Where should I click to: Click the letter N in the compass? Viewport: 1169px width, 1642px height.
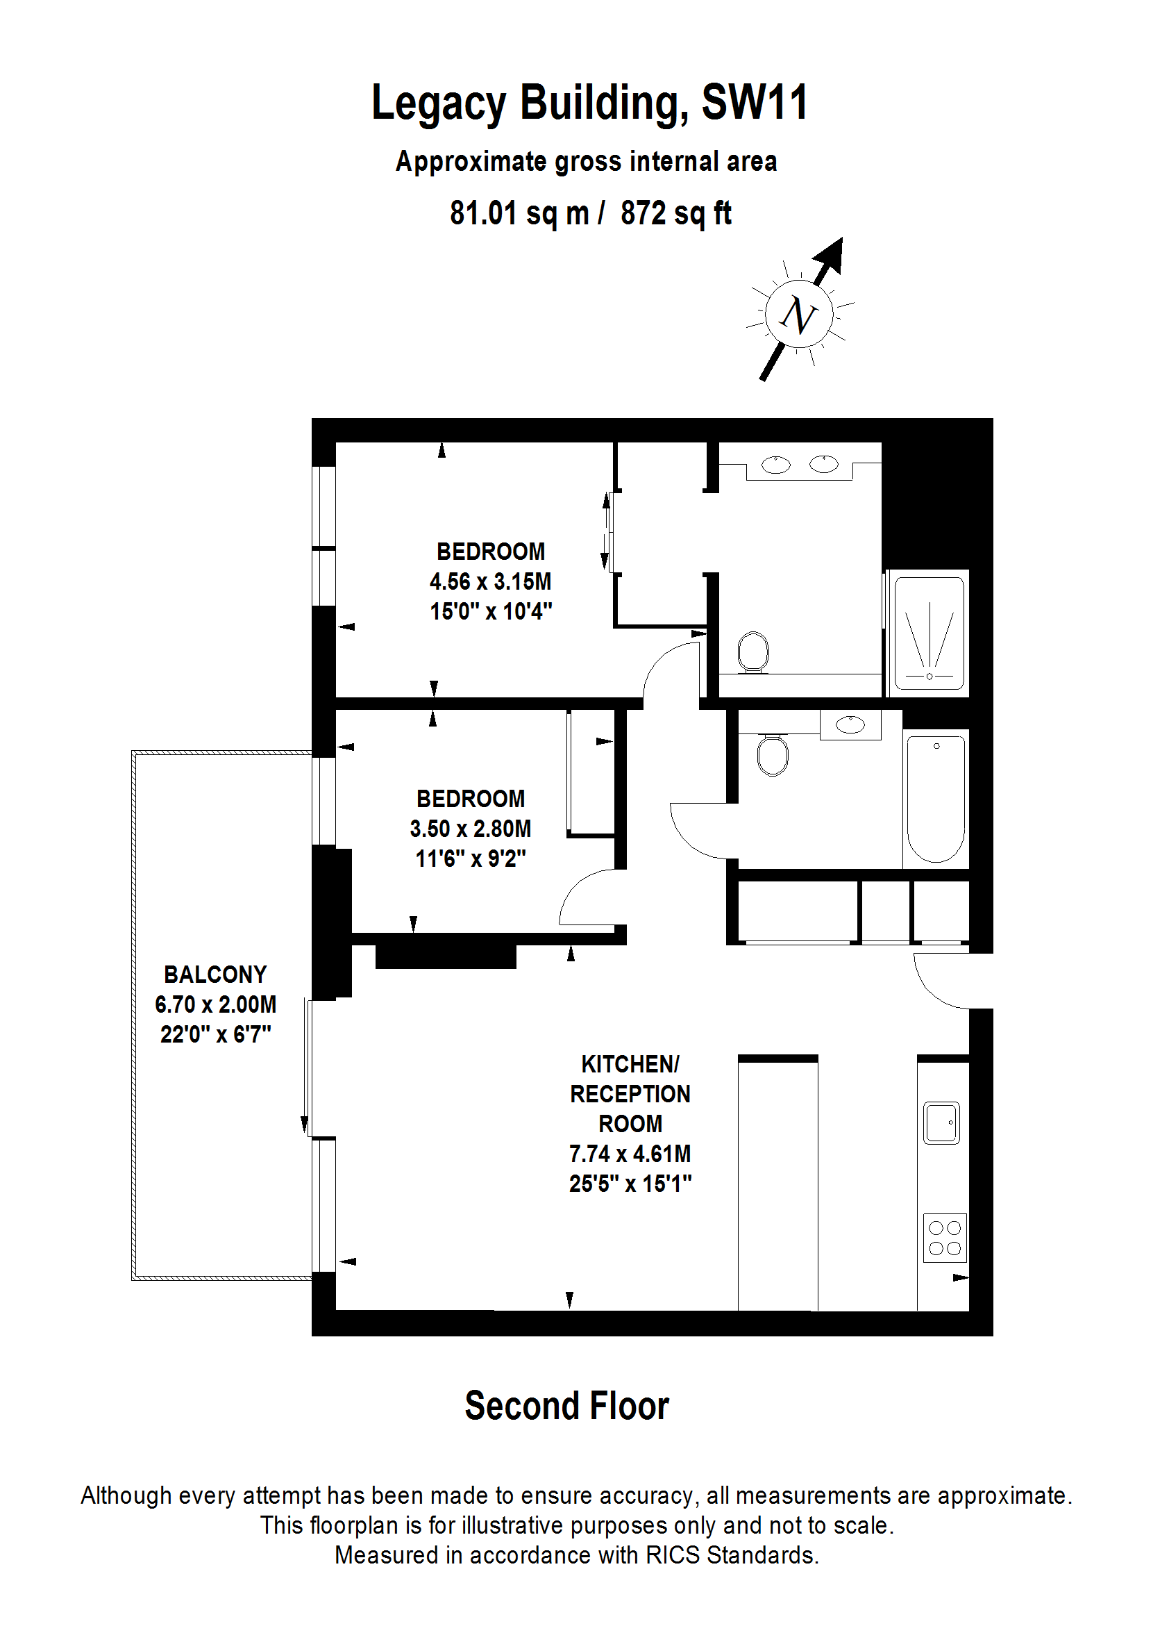coord(799,315)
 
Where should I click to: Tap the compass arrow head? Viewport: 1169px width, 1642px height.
coord(831,256)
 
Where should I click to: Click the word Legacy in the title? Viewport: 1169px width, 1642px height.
coord(439,103)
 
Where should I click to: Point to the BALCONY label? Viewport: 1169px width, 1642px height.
coord(215,975)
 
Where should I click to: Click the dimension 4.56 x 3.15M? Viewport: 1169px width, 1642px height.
coord(490,581)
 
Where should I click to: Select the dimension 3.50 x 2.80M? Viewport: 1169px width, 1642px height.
coord(470,828)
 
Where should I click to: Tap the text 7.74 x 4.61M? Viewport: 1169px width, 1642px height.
coord(630,1154)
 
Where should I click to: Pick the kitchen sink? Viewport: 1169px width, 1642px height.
coord(941,1122)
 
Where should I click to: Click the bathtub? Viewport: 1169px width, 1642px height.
coord(936,798)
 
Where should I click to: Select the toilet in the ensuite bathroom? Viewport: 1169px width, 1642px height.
coord(754,652)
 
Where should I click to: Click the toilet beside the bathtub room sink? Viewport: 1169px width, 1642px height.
coord(773,756)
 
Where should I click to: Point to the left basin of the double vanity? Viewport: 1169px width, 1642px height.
coord(776,465)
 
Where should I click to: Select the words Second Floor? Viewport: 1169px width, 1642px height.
coord(566,1406)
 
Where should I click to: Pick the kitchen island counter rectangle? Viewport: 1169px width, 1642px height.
coord(777,1185)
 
